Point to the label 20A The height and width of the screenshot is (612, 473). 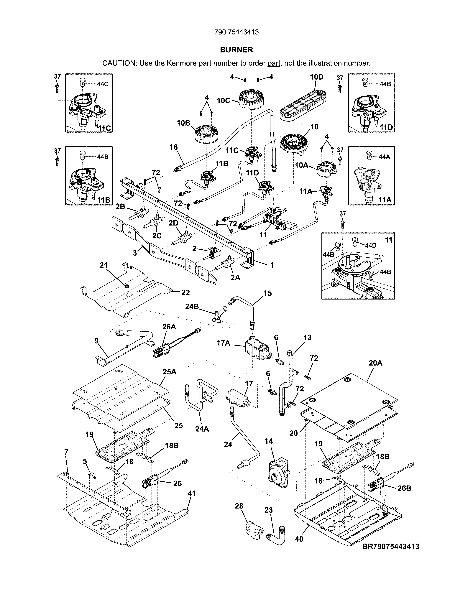pyautogui.click(x=375, y=363)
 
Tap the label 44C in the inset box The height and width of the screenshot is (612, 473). pyautogui.click(x=103, y=84)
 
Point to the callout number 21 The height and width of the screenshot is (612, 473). pyautogui.click(x=104, y=265)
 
